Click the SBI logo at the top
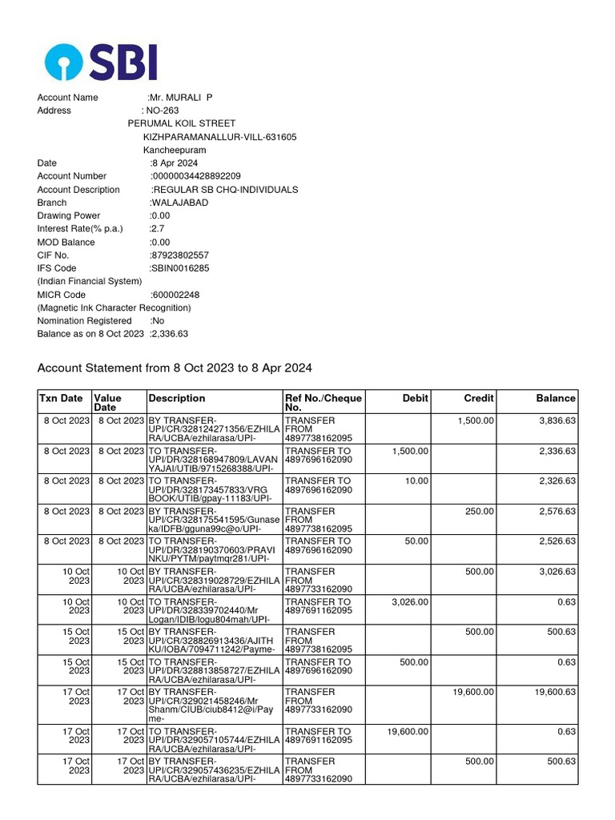pyautogui.click(x=101, y=62)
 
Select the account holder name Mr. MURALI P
pyautogui.click(x=181, y=98)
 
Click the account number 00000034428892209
pyautogui.click(x=196, y=176)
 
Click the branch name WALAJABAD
pyautogui.click(x=179, y=203)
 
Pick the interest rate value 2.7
pyautogui.click(x=157, y=229)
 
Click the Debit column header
pyautogui.click(x=415, y=398)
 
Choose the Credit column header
pyautogui.click(x=479, y=398)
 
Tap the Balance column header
pyautogui.click(x=556, y=398)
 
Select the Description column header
pyautogui.click(x=177, y=398)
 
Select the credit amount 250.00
pyautogui.click(x=480, y=512)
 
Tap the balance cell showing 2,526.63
pyautogui.click(x=553, y=541)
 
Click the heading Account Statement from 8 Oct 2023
pyautogui.click(x=175, y=368)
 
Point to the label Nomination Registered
pyautogui.click(x=84, y=321)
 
